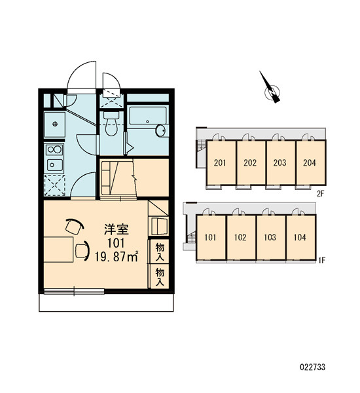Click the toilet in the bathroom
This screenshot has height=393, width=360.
pyautogui.click(x=111, y=123)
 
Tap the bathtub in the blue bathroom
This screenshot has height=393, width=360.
pyautogui.click(x=148, y=115)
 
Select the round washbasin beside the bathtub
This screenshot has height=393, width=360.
pyautogui.click(x=161, y=130)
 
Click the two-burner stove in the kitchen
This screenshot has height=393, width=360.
pyautogui.click(x=54, y=150)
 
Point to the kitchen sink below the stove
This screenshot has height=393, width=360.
pyautogui.click(x=55, y=164)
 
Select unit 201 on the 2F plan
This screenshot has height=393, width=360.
pyautogui.click(x=221, y=162)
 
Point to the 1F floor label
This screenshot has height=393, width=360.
pyautogui.click(x=321, y=261)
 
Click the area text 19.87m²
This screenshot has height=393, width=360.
pyautogui.click(x=117, y=256)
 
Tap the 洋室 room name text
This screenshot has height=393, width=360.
pyautogui.click(x=117, y=229)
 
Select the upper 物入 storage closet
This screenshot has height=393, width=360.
pyautogui.click(x=160, y=252)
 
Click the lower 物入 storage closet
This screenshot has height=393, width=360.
pyautogui.click(x=160, y=276)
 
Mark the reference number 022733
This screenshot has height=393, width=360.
pyautogui.click(x=313, y=367)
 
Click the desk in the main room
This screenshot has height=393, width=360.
pyautogui.click(x=59, y=250)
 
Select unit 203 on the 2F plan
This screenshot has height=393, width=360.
pyautogui.click(x=281, y=162)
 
